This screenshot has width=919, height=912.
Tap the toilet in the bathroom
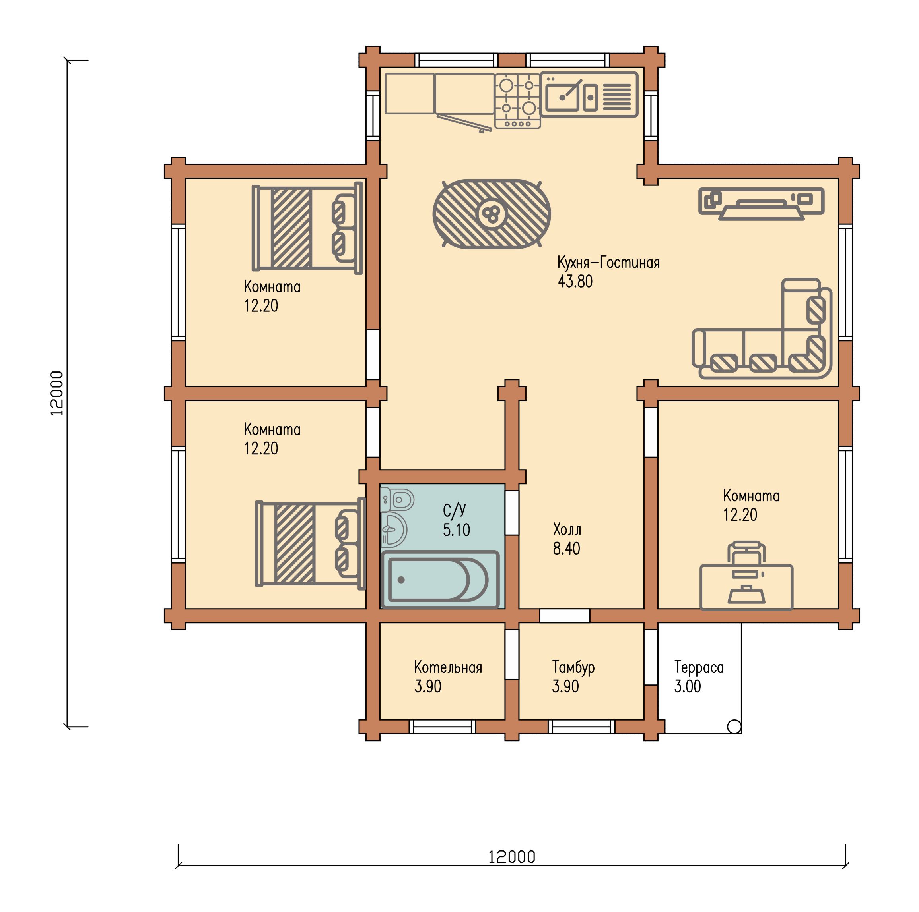pos(397,499)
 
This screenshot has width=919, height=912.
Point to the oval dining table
pos(492,214)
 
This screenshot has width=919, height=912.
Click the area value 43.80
pos(575,281)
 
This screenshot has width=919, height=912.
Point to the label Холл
pos(567,529)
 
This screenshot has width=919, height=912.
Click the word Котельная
pos(448,667)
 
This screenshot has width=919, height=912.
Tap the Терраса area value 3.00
pos(687,686)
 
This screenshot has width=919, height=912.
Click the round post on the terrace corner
pos(734,727)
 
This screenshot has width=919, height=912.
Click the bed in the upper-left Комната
pos(307,228)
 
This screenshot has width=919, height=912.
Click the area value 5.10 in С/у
pos(456,529)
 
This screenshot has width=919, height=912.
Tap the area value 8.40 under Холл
pos(566,549)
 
